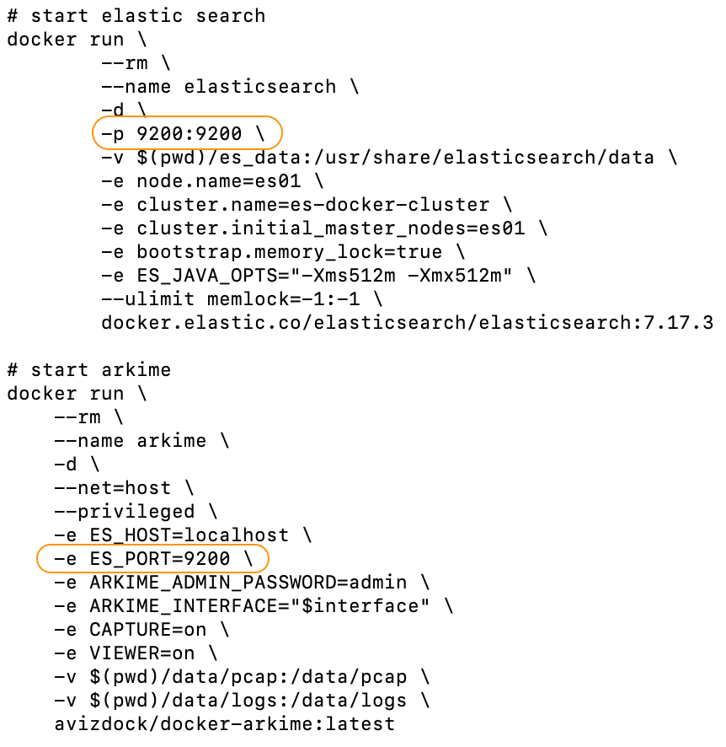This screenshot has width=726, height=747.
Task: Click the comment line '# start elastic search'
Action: (x=136, y=15)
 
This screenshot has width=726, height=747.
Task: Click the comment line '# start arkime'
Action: (x=88, y=369)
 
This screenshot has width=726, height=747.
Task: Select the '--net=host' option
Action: (x=117, y=487)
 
